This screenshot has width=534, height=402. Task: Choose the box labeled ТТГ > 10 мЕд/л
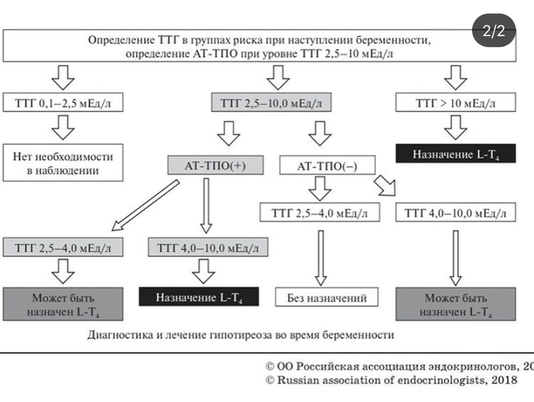click(x=455, y=104)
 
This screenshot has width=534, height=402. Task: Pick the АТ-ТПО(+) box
click(x=207, y=166)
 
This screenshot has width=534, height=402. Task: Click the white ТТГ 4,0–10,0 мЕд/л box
click(x=455, y=212)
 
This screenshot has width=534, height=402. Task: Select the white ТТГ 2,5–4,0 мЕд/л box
click(x=320, y=212)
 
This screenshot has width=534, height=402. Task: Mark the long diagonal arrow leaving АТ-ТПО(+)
click(x=142, y=205)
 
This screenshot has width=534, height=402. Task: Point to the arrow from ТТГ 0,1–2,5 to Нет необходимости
click(x=60, y=127)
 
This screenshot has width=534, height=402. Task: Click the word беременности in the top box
click(x=398, y=40)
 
